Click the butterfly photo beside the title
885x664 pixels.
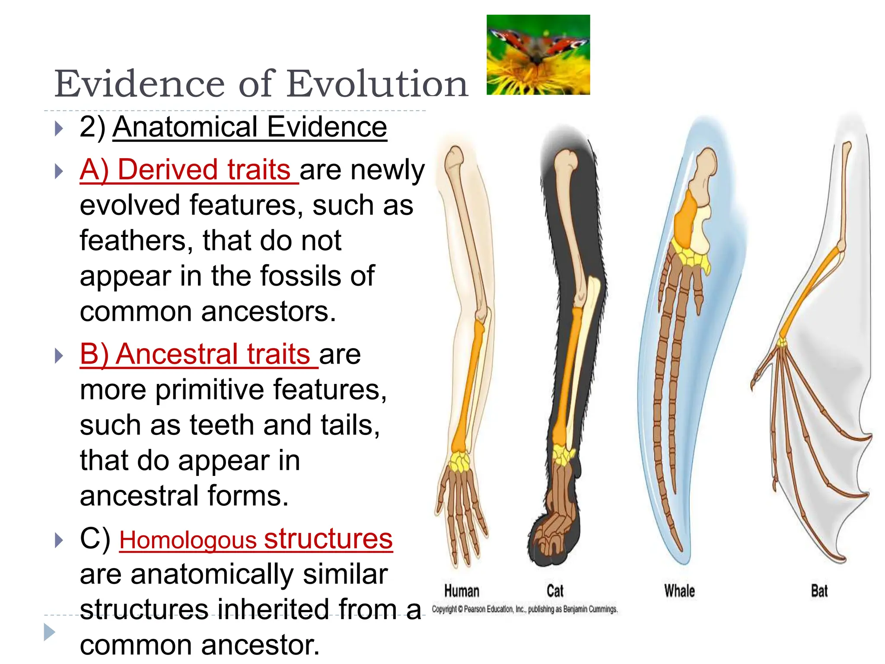(x=538, y=54)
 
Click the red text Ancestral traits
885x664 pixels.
(x=199, y=354)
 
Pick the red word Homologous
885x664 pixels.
(x=188, y=540)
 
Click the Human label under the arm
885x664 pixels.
(x=462, y=591)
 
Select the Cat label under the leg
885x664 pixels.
(x=555, y=591)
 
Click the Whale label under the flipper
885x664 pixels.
(x=679, y=591)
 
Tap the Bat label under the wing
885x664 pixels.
(x=819, y=591)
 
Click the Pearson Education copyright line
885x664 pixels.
(x=525, y=609)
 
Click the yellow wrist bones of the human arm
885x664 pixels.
(x=459, y=461)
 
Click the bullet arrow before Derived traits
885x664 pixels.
(x=59, y=172)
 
